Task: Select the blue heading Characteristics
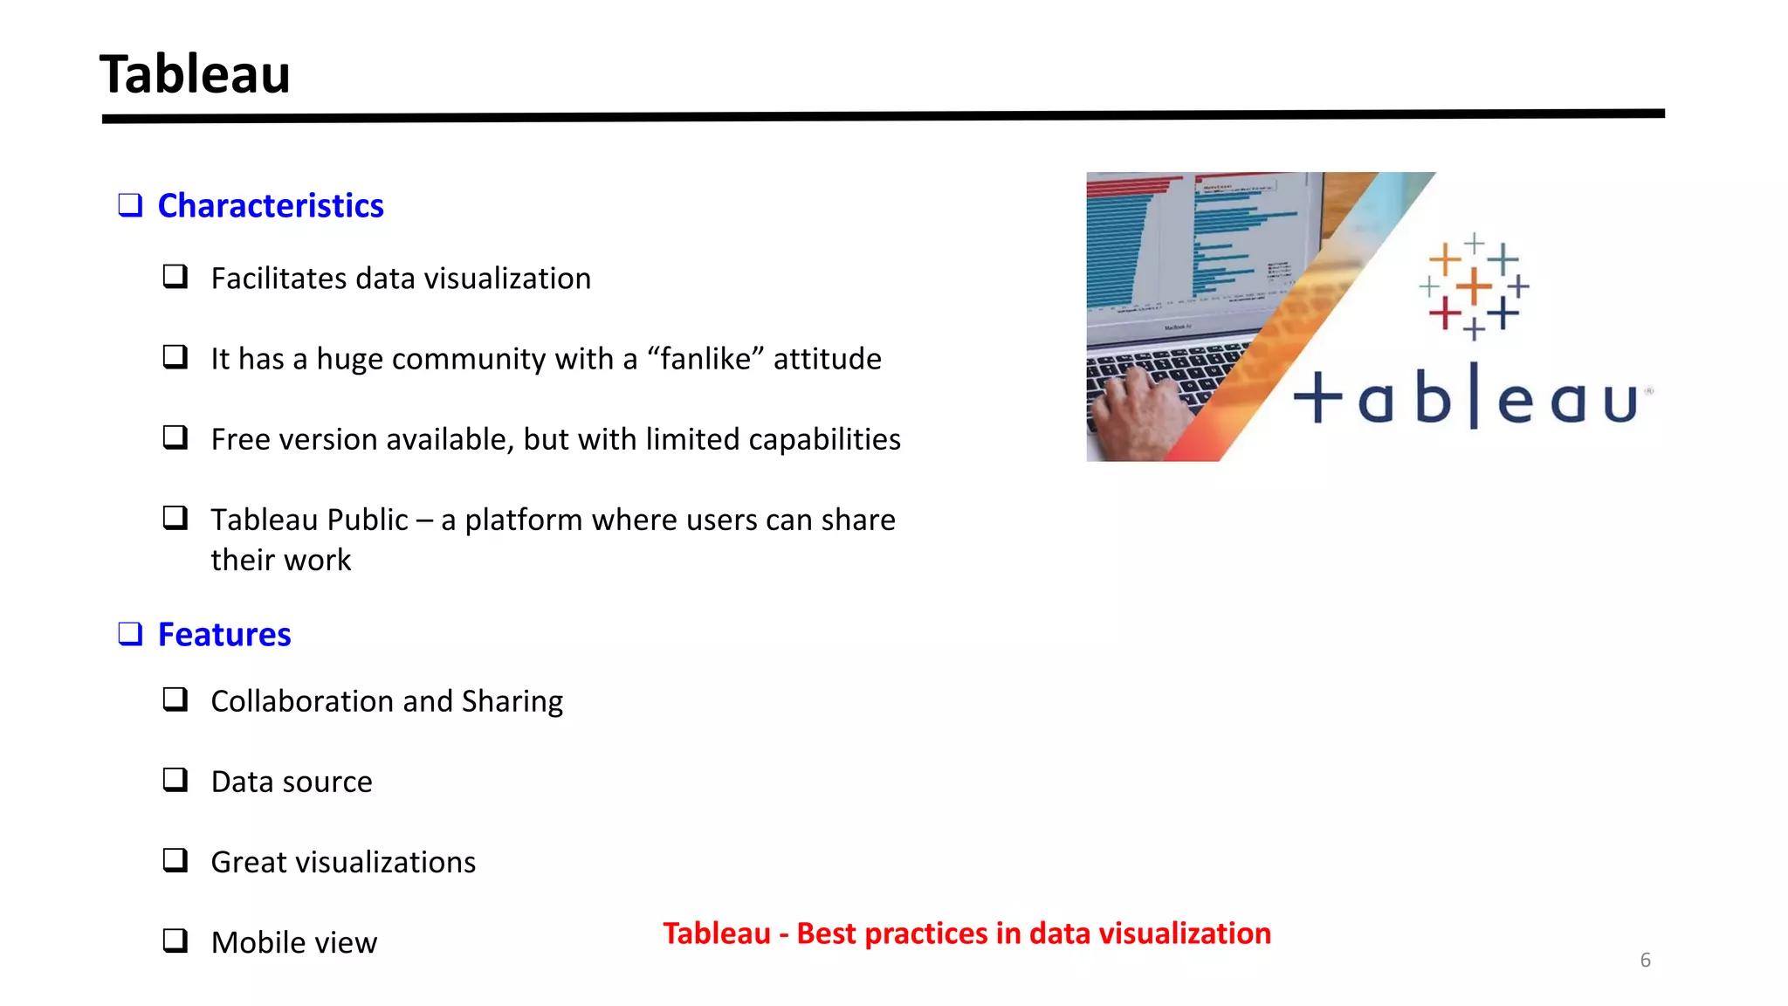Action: [271, 206]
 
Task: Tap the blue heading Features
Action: [224, 635]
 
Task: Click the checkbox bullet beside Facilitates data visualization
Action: [175, 277]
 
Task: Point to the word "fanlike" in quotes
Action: [705, 359]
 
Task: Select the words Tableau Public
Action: [309, 520]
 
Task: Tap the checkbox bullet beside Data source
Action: [175, 780]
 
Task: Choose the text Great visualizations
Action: [343, 863]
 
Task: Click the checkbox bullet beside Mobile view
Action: [175, 941]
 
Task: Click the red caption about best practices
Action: [966, 934]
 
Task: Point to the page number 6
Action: [1645, 961]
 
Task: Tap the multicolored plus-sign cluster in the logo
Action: [1474, 286]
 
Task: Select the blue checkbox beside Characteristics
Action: [130, 205]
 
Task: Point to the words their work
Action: [280, 561]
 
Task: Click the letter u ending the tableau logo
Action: [1620, 403]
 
